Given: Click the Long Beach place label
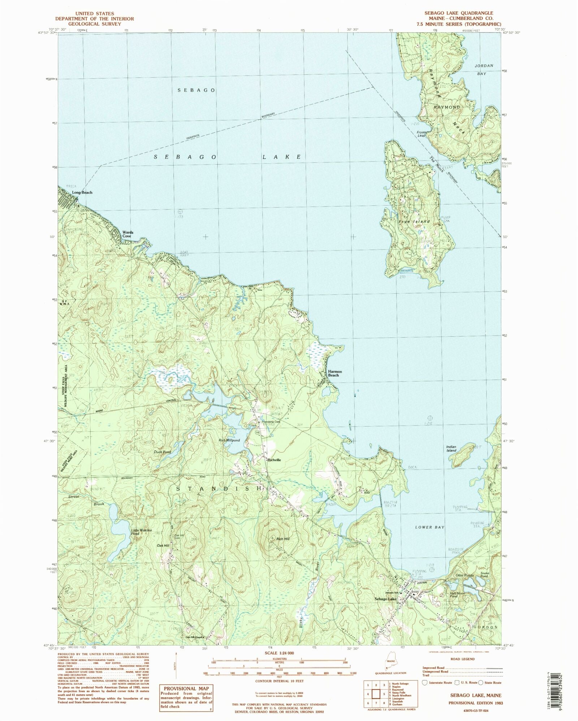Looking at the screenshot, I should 82,192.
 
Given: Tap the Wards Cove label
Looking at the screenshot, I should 128,234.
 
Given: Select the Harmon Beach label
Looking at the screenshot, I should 333,373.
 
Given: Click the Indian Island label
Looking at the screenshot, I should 451,448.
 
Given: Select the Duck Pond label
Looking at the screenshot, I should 162,452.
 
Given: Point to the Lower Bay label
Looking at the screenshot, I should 430,527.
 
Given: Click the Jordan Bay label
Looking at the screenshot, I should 483,69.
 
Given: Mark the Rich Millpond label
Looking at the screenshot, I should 229,440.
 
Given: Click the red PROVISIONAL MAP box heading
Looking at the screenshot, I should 187,689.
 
